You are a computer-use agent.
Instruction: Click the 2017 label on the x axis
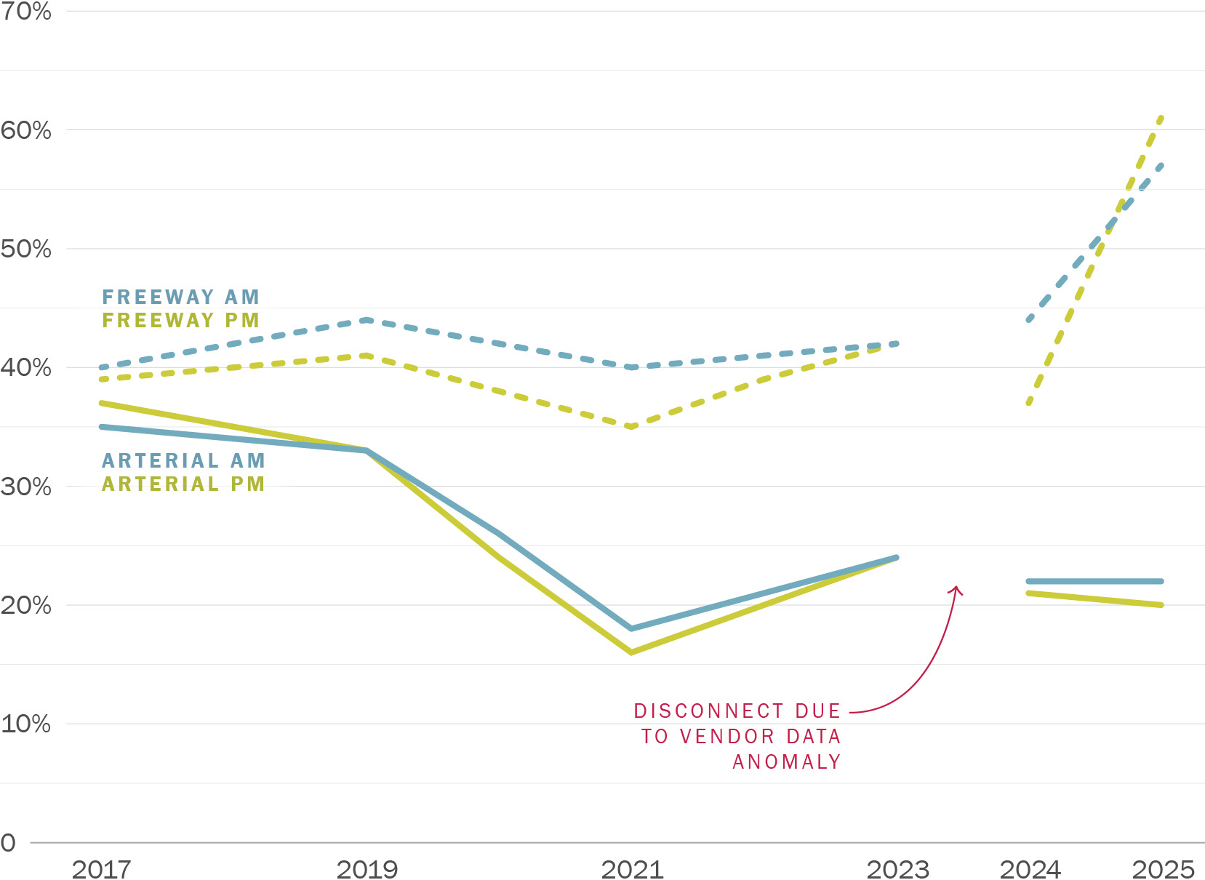(x=101, y=868)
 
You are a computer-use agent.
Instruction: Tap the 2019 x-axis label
(x=367, y=868)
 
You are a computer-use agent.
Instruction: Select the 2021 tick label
(x=632, y=868)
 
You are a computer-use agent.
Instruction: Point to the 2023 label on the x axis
(x=897, y=868)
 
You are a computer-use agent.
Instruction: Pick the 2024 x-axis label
(x=1030, y=868)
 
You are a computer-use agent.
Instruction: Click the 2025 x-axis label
(x=1163, y=868)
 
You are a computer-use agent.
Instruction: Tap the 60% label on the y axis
(x=25, y=130)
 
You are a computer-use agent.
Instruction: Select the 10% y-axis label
(x=25, y=724)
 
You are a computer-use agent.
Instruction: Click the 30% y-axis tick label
(x=25, y=487)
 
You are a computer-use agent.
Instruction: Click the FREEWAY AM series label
(x=180, y=297)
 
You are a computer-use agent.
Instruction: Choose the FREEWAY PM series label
(x=180, y=320)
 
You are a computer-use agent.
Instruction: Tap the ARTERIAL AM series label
(x=183, y=460)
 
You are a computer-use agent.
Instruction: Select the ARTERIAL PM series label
(x=183, y=484)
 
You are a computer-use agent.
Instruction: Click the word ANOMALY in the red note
(x=786, y=761)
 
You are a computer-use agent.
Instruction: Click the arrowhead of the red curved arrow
(x=957, y=589)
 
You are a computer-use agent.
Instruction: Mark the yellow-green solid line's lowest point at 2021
(x=631, y=652)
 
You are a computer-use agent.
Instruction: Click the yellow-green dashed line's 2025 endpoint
(x=1162, y=116)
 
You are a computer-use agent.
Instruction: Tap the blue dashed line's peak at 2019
(x=367, y=320)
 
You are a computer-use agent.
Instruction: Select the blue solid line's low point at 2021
(x=631, y=628)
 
